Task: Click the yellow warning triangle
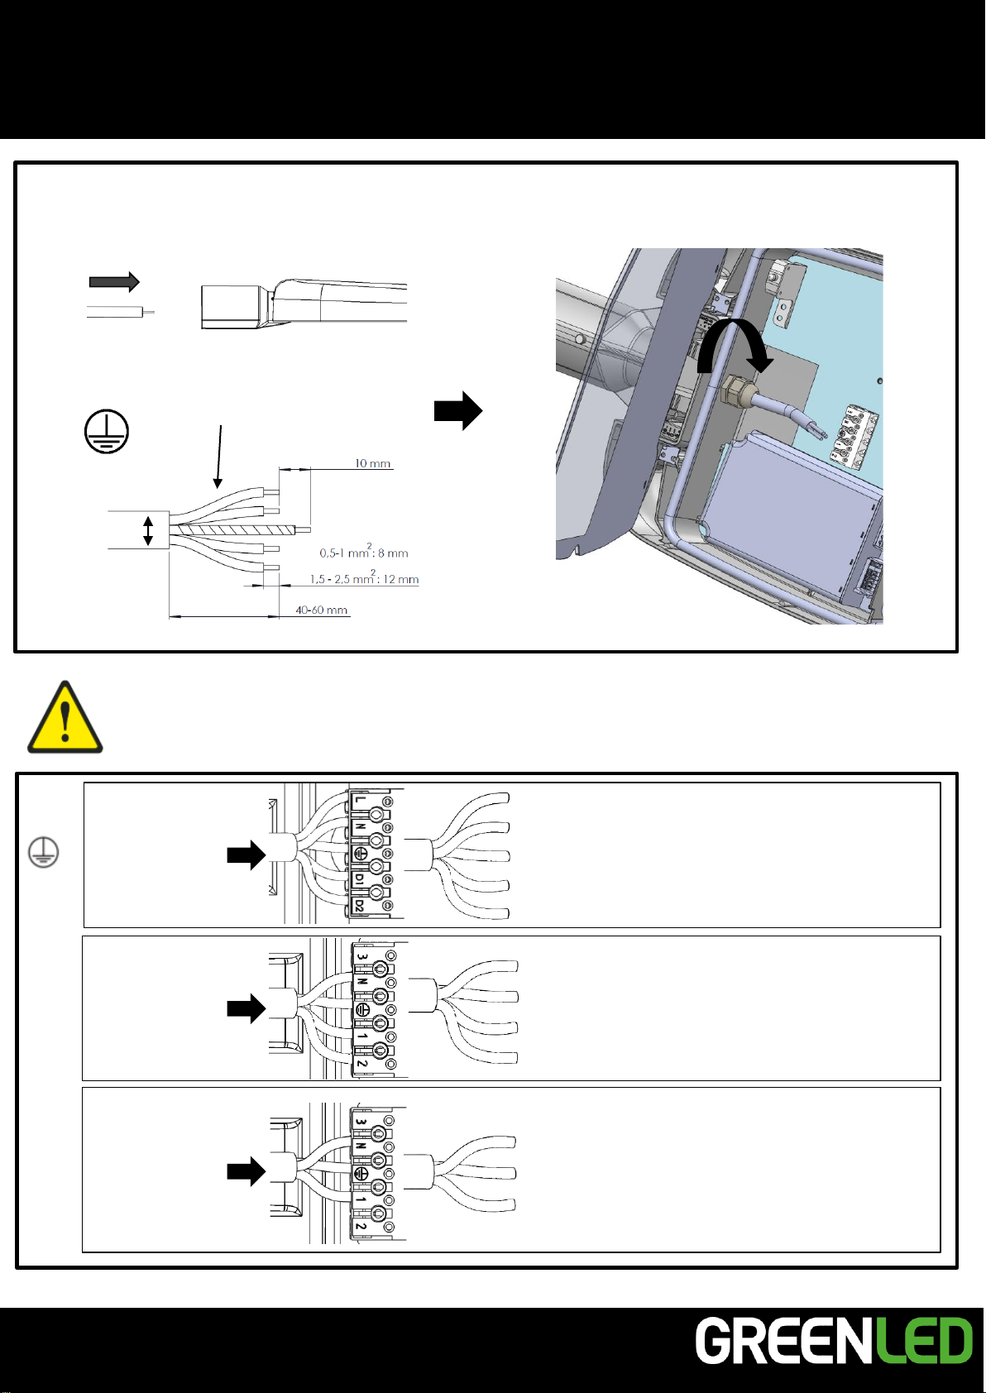coord(65,718)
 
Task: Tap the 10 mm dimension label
coord(372,463)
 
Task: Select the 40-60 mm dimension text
coord(322,610)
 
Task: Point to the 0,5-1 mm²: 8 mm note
coord(364,553)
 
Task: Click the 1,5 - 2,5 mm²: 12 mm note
coord(364,579)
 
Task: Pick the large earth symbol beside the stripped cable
coord(107,431)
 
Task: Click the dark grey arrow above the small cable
coord(114,282)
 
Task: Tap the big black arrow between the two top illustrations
coord(458,410)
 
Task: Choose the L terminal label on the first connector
coord(359,800)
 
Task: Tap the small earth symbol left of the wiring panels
coord(43,851)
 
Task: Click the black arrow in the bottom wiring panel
coord(246,1171)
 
